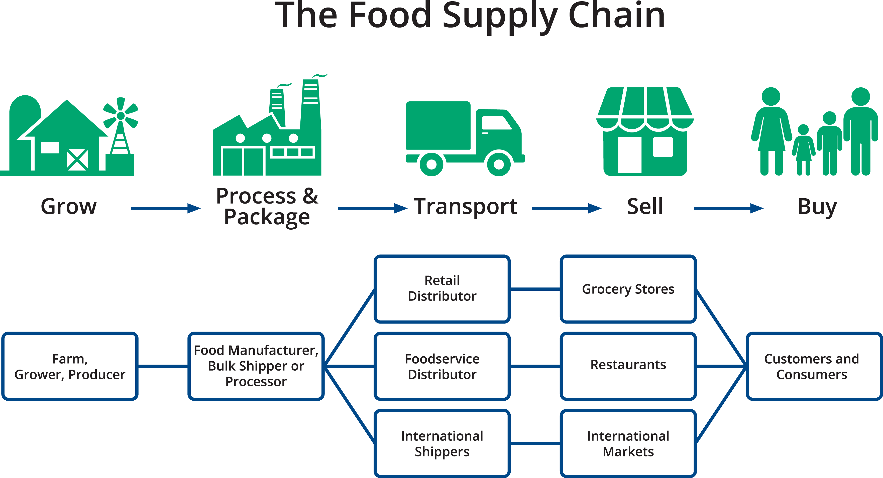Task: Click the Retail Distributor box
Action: pos(442,288)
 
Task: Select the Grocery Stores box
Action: pos(628,288)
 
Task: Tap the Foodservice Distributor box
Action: pos(442,366)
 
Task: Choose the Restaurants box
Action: pos(628,366)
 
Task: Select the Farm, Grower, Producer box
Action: pos(70,366)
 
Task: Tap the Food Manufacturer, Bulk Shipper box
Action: pos(256,366)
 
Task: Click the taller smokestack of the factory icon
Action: pos(310,103)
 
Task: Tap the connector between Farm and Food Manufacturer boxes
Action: pos(163,366)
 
